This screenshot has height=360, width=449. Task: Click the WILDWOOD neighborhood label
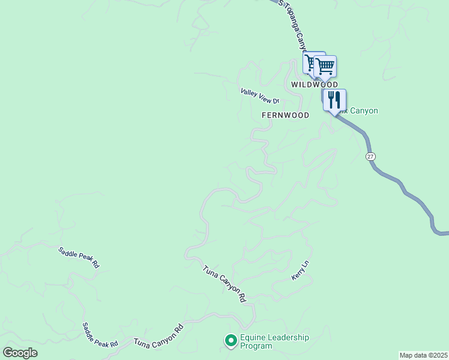[x=315, y=85]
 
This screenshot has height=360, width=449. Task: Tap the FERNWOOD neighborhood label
[x=285, y=115]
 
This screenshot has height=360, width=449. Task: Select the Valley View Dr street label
[x=260, y=97]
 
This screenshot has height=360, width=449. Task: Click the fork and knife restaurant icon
[x=334, y=100]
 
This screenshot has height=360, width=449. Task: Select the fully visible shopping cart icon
[x=325, y=66]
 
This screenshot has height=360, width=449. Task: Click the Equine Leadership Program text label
[x=274, y=341]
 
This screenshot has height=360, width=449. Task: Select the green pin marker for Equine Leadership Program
[x=230, y=341]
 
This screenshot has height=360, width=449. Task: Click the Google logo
[x=20, y=353]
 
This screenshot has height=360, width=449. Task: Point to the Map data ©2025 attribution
[x=423, y=355]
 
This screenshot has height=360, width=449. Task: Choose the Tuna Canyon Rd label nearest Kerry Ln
[x=224, y=284]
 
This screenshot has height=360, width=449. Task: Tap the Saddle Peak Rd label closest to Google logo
[x=100, y=335]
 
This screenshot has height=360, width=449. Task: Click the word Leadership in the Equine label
[x=287, y=337]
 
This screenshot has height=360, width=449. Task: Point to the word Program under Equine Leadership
[x=256, y=346]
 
